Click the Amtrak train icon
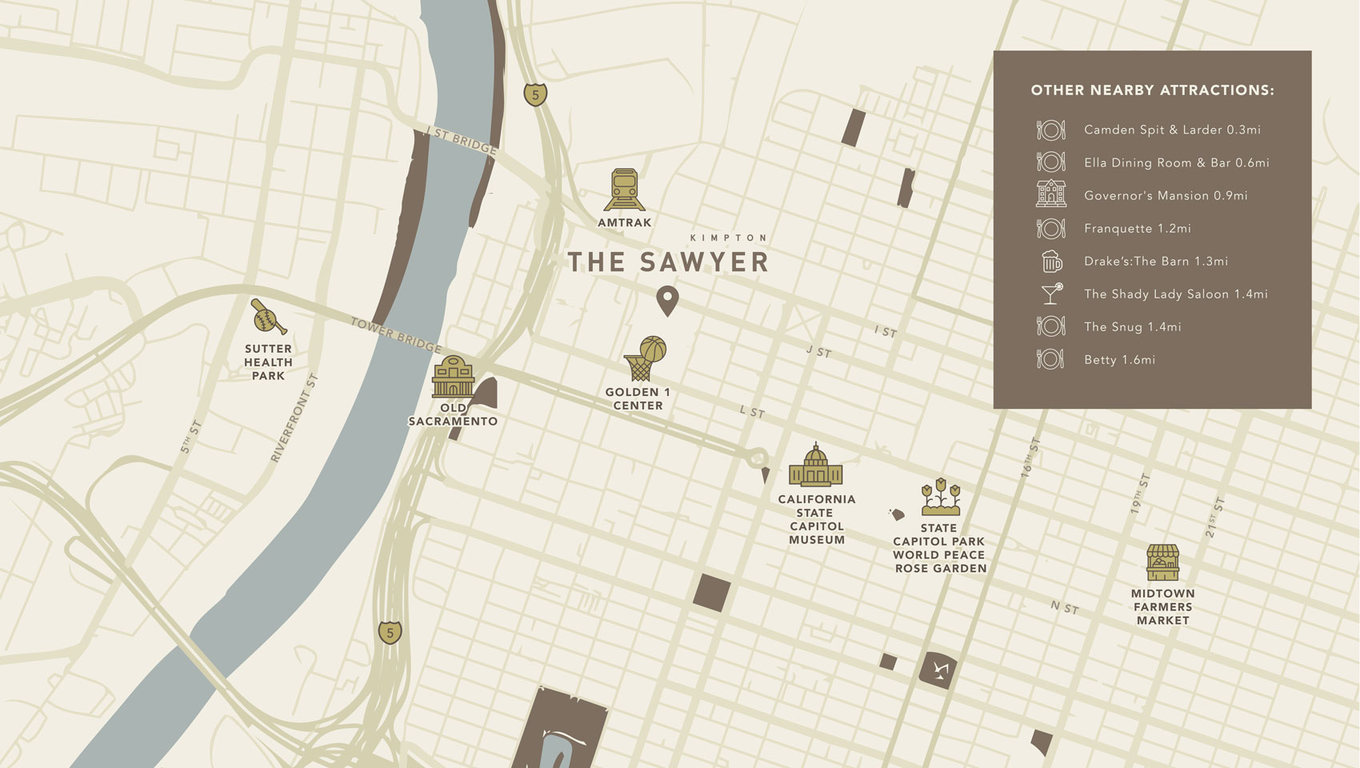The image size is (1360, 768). pyautogui.click(x=624, y=190)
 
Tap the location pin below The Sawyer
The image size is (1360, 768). pyautogui.click(x=667, y=301)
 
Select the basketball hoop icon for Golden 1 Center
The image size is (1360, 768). pyautogui.click(x=645, y=358)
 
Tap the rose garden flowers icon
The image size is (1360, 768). pyautogui.click(x=940, y=498)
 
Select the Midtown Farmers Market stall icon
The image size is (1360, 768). pyautogui.click(x=1162, y=562)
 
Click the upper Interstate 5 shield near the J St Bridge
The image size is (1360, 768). pyautogui.click(x=535, y=94)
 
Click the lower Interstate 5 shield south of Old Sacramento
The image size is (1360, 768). pyautogui.click(x=390, y=632)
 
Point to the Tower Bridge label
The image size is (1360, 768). pyautogui.click(x=396, y=335)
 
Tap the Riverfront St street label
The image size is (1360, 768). pyautogui.click(x=294, y=418)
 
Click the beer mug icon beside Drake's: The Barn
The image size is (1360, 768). pyautogui.click(x=1051, y=261)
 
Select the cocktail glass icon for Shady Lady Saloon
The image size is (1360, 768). pyautogui.click(x=1051, y=294)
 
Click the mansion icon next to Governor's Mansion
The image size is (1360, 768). pyautogui.click(x=1051, y=194)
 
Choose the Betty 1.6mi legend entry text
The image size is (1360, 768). pyautogui.click(x=1119, y=360)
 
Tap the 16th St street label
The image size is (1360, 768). pyautogui.click(x=1030, y=458)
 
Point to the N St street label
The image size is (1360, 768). pyautogui.click(x=1064, y=608)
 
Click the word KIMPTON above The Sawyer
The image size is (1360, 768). pyautogui.click(x=728, y=238)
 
